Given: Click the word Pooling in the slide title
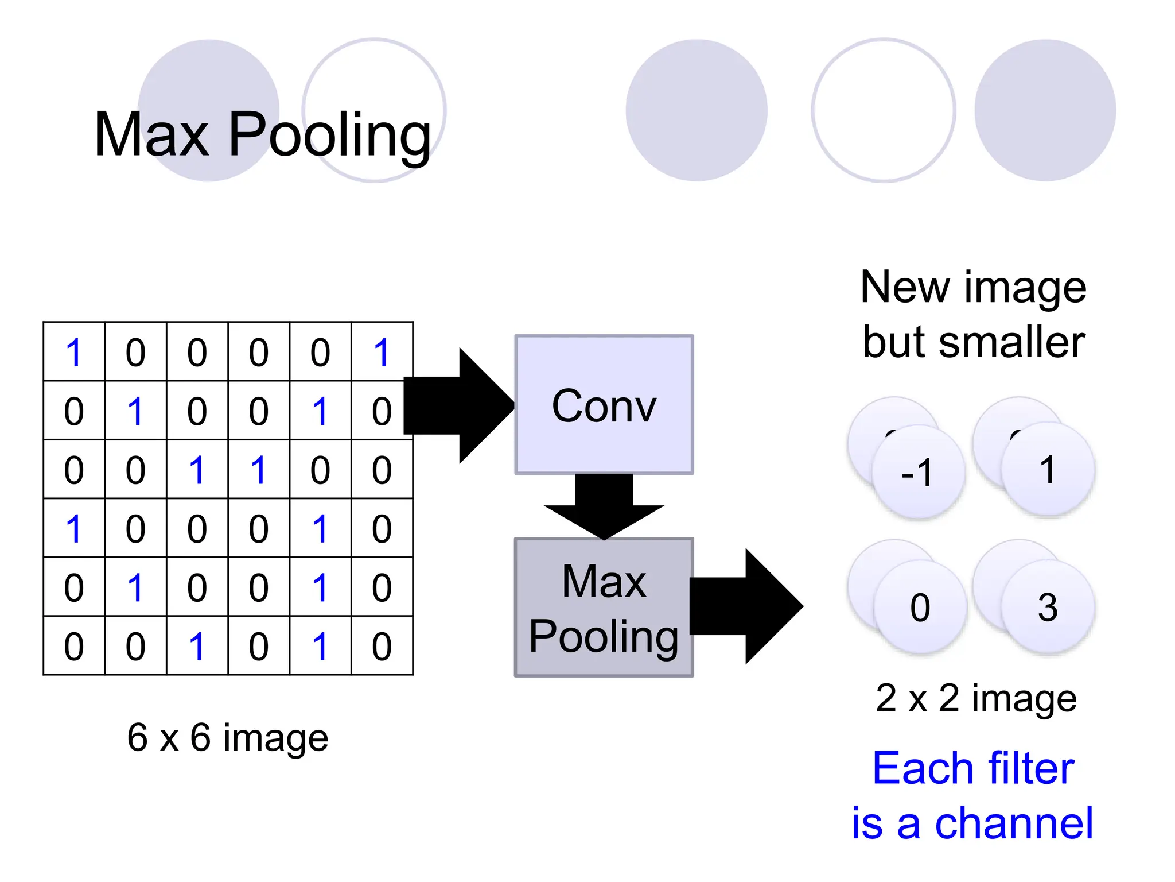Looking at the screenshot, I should (329, 136).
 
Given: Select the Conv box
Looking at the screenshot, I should (604, 405).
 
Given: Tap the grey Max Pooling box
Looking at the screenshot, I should (604, 608).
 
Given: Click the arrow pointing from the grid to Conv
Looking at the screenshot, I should (459, 405).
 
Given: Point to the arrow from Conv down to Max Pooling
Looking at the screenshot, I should (604, 505).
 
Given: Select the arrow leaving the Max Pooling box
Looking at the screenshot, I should (746, 606).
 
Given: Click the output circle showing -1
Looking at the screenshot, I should (918, 472).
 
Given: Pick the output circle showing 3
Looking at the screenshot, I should (1048, 608).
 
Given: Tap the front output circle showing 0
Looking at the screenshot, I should (920, 608).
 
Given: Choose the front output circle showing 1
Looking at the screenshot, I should (1048, 470).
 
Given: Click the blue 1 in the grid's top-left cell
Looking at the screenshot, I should (74, 352).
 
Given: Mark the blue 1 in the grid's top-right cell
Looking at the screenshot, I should (382, 352).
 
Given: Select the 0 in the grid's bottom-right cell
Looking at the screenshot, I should (382, 646).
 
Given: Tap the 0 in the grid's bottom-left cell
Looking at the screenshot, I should (74, 646).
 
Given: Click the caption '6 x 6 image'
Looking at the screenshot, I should (228, 737).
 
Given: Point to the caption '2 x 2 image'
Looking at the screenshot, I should (976, 699).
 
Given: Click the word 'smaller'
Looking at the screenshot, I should (1012, 343).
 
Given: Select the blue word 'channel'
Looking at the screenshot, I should (1014, 823).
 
